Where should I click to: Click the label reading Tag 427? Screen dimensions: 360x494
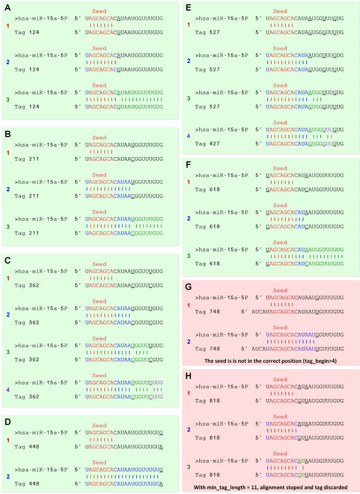(x=207, y=144)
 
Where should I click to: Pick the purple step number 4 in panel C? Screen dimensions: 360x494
(x=8, y=389)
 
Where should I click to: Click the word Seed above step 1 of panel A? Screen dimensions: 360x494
(x=99, y=11)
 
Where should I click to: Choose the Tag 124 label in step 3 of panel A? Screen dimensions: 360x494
(x=27, y=106)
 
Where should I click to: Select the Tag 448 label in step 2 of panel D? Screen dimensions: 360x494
(x=27, y=484)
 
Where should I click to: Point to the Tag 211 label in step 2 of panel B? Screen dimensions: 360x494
(x=27, y=196)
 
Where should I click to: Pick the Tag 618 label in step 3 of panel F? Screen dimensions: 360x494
(x=207, y=264)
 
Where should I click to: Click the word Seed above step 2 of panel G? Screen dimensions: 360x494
(x=280, y=327)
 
